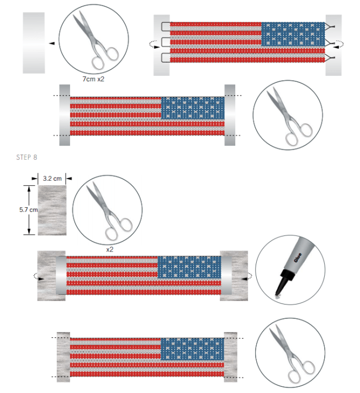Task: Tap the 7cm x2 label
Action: (93, 79)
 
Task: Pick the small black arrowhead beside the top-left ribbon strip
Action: (51, 43)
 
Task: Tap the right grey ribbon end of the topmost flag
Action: (333, 44)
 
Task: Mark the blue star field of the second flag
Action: (193, 108)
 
